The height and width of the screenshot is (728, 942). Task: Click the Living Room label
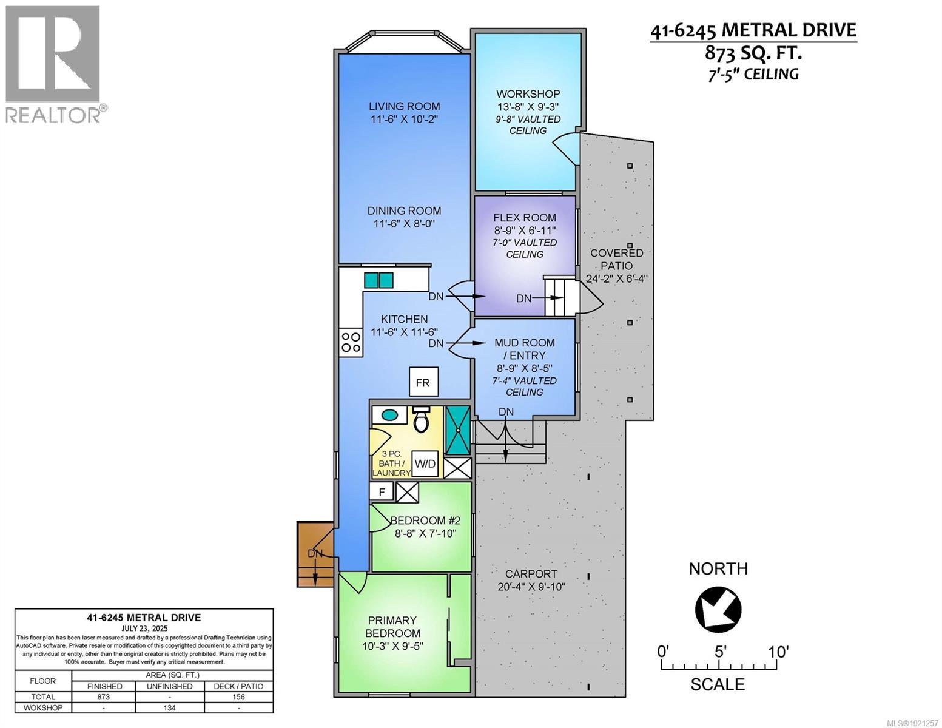point(405,106)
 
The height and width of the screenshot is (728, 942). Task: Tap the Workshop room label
point(528,94)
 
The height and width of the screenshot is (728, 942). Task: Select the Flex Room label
point(525,218)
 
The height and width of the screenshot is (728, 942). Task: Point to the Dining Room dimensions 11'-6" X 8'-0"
point(405,224)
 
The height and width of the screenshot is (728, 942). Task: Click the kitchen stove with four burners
point(351,342)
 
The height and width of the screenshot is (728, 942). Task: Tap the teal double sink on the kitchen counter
point(378,280)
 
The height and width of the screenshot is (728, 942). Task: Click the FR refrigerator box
point(423,383)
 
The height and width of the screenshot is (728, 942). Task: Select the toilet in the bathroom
point(420,419)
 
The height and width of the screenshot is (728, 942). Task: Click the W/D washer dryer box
point(425,464)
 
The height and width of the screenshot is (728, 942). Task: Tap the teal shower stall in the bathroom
point(458,430)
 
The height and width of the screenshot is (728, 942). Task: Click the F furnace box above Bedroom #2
point(382,491)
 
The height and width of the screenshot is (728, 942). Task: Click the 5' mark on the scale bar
point(720,653)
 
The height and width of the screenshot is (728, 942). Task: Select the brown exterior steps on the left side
point(315,554)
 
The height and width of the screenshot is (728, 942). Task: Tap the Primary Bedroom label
point(392,627)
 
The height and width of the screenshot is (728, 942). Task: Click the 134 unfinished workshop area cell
point(170,708)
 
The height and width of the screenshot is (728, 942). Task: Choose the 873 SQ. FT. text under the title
point(753,53)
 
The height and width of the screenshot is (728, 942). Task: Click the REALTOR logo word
point(53,115)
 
